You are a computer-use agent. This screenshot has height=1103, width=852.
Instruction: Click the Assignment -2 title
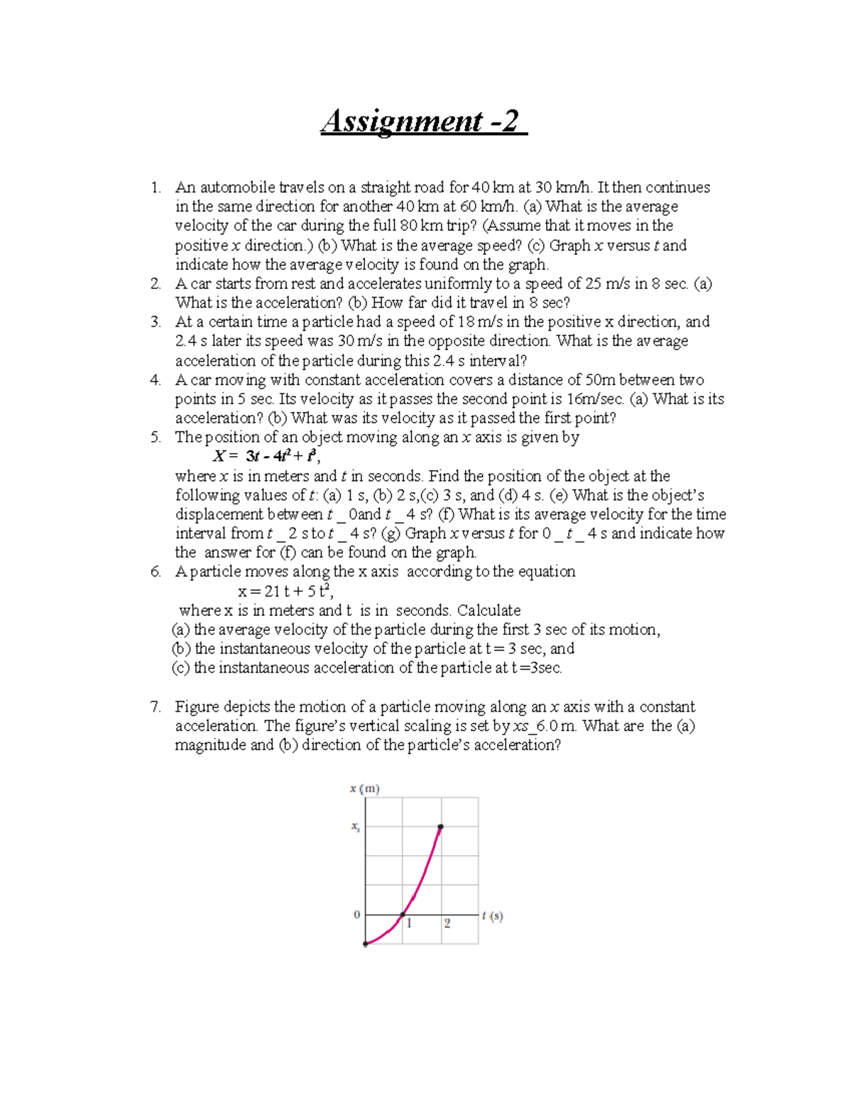[423, 121]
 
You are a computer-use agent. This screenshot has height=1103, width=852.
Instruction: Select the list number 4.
[155, 380]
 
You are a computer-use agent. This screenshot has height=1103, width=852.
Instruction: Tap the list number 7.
[155, 707]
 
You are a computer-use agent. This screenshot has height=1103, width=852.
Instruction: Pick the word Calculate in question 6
[488, 610]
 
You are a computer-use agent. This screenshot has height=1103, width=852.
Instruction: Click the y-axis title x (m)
[364, 788]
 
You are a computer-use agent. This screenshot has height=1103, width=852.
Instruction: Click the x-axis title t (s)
[492, 916]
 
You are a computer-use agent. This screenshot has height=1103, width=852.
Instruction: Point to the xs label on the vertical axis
[355, 827]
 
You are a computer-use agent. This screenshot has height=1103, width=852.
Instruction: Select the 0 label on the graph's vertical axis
[356, 915]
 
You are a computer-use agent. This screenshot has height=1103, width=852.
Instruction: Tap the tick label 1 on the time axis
[409, 923]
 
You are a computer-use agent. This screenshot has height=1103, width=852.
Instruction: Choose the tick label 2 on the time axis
[447, 923]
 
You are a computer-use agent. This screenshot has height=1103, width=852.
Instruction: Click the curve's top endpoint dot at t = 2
[441, 827]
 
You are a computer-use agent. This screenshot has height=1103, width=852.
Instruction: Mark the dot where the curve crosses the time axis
[403, 915]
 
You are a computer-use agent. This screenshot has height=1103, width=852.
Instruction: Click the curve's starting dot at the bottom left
[366, 944]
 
